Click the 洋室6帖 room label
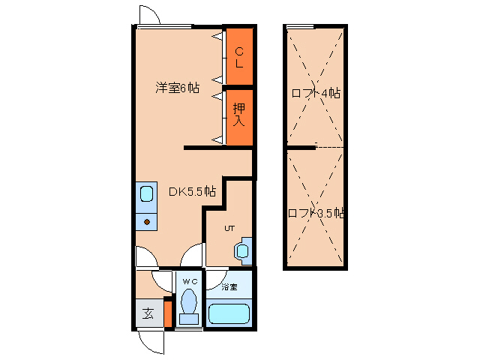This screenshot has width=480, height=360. click(x=177, y=88)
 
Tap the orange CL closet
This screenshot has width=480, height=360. click(x=240, y=56)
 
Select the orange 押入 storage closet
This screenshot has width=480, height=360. click(x=240, y=114)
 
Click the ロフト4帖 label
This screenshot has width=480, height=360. click(x=316, y=94)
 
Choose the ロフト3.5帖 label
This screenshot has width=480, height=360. click(x=316, y=213)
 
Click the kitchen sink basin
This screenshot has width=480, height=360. click(x=146, y=194)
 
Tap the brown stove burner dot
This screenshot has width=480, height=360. click(x=147, y=222)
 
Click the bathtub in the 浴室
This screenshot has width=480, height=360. click(x=229, y=313)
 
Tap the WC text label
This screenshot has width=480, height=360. click(x=190, y=281)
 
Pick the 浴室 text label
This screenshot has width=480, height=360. click(x=229, y=287)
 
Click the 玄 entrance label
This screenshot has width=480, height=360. click(x=148, y=313)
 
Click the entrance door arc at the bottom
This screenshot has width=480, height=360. click(x=152, y=342)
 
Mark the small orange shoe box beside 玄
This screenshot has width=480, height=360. click(x=169, y=313)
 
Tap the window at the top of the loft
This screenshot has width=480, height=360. click(x=300, y=27)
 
